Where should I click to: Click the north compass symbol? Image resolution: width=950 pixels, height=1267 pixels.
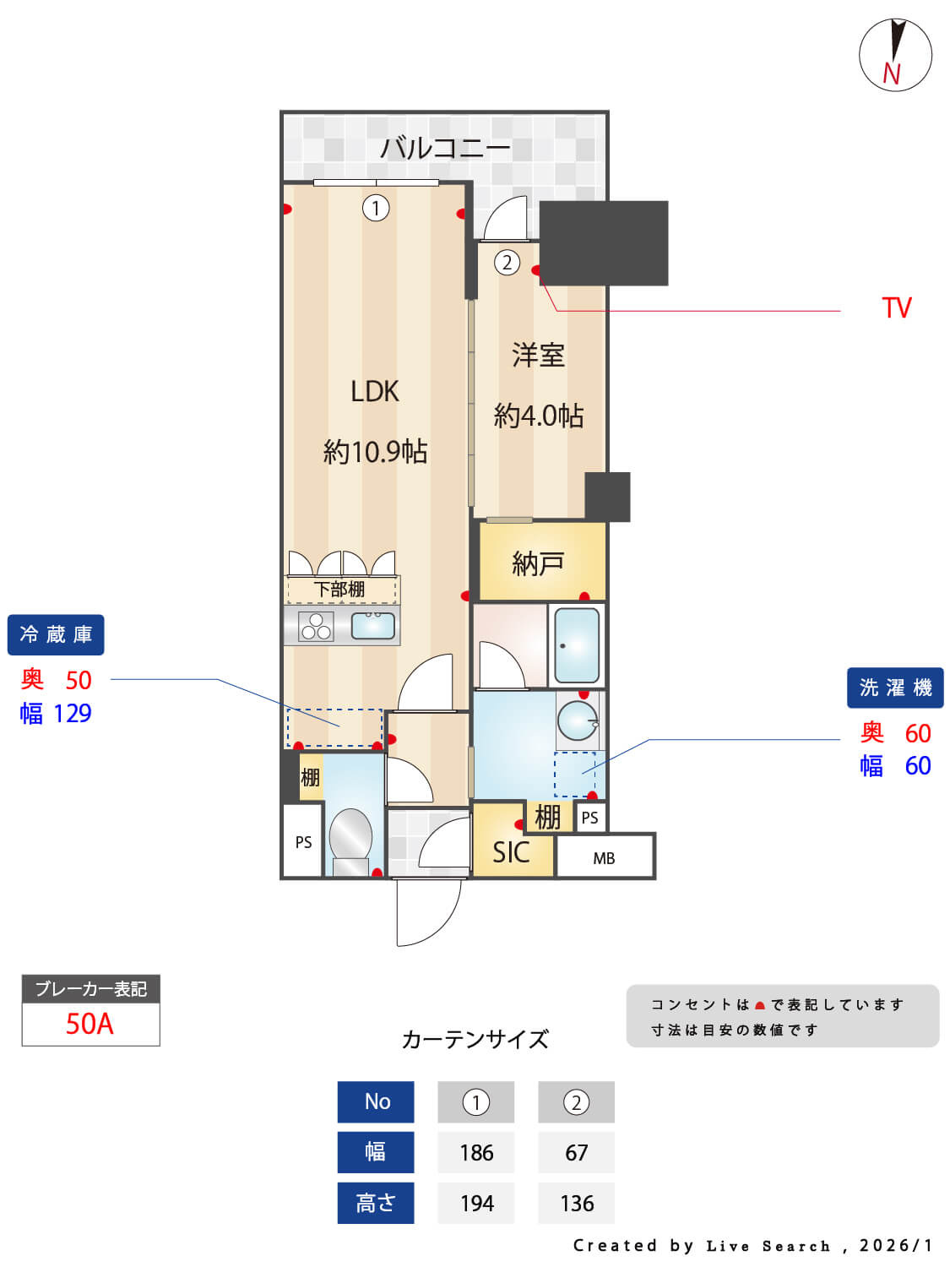895,55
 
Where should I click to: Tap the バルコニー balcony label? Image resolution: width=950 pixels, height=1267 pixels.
445,149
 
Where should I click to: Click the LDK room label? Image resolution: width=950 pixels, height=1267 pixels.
375,391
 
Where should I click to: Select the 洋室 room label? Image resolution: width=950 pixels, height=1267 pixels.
538,356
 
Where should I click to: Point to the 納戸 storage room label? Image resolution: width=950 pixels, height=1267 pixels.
538,563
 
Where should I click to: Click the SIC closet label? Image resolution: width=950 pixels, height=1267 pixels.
511,852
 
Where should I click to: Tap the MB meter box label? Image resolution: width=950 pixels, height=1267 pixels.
604,858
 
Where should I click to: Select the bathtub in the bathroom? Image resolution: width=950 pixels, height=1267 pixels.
578,644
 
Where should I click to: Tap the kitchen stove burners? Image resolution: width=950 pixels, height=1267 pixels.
316,626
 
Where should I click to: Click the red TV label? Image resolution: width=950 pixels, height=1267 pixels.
897,307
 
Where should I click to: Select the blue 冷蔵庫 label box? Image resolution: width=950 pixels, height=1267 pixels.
56,634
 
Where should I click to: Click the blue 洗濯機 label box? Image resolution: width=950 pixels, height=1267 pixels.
895,688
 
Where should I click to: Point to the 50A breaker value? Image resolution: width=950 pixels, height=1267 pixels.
90,1024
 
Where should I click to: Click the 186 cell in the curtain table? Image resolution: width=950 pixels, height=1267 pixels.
476,1152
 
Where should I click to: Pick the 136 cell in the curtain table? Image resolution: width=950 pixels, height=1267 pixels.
577,1203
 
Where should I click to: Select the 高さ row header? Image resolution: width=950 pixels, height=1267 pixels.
376,1203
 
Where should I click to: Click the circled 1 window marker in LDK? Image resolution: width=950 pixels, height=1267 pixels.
376,207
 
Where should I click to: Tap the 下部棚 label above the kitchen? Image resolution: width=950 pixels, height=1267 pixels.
339,589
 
